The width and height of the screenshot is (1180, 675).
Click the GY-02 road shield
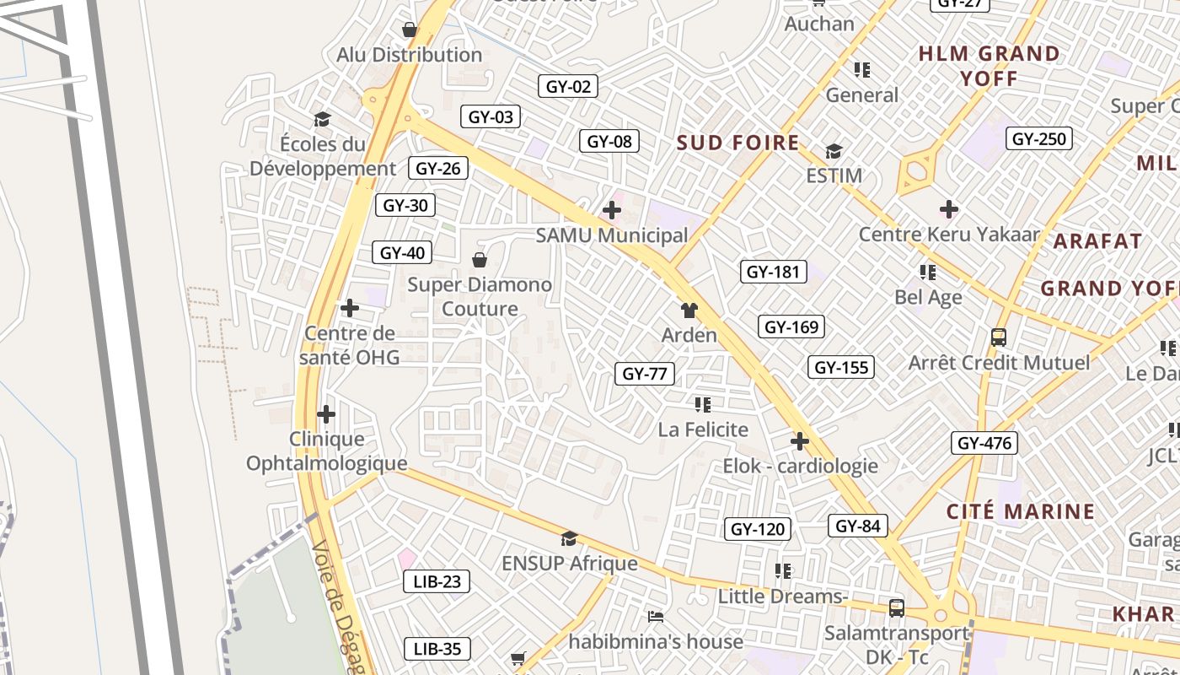click(568, 86)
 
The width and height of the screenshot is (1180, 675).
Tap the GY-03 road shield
click(491, 116)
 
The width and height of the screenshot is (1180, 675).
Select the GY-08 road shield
click(609, 141)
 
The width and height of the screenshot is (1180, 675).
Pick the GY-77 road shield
click(645, 373)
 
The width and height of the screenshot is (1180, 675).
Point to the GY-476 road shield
click(984, 443)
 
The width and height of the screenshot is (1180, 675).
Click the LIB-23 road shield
click(437, 581)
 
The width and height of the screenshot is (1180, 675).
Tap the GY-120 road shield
click(758, 529)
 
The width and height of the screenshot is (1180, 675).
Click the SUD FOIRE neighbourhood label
click(738, 143)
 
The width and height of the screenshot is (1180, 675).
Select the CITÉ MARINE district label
click(1021, 511)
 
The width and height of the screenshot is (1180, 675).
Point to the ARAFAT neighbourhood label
click(1097, 241)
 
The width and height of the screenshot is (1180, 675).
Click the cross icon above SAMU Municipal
click(612, 210)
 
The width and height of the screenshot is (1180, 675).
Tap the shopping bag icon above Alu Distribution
click(410, 30)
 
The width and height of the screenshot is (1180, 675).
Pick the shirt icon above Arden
click(689, 310)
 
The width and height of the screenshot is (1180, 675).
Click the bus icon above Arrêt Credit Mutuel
click(999, 337)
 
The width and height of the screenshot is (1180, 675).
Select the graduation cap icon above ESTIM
click(834, 151)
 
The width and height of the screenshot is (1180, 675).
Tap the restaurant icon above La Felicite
click(703, 405)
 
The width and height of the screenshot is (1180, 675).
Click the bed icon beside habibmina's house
click(656, 617)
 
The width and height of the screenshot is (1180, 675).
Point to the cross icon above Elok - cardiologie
click(799, 441)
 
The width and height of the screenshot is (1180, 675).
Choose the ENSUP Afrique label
click(570, 563)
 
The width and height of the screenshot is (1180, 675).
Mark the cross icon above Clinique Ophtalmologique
click(326, 414)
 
